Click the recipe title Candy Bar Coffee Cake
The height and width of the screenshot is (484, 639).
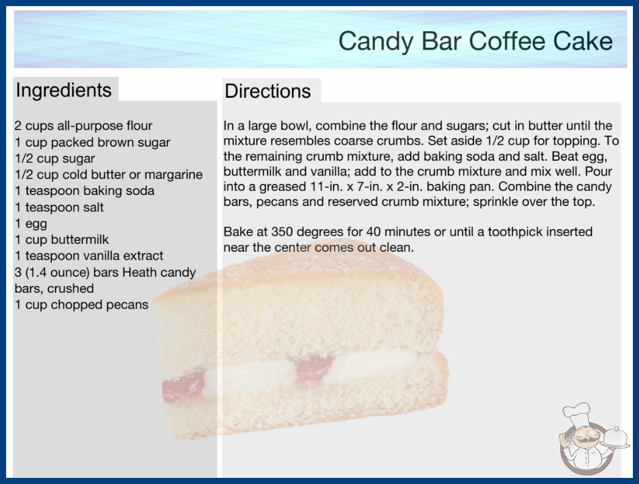(475, 42)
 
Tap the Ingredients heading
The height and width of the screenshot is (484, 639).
(64, 90)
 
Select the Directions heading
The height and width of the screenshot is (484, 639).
(268, 91)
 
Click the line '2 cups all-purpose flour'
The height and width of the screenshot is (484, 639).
(84, 126)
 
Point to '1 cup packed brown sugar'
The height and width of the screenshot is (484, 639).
(92, 142)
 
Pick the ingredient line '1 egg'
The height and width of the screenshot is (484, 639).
(31, 224)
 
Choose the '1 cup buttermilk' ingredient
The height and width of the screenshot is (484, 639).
(62, 240)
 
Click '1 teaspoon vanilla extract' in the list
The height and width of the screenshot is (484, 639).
(89, 255)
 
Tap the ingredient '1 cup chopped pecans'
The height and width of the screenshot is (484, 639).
(81, 304)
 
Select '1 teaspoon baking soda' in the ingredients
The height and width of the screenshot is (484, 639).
(84, 191)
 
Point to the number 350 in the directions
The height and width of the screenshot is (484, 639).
(282, 232)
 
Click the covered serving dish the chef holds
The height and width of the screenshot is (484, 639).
(616, 438)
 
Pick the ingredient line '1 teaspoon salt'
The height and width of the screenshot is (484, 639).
(59, 207)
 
